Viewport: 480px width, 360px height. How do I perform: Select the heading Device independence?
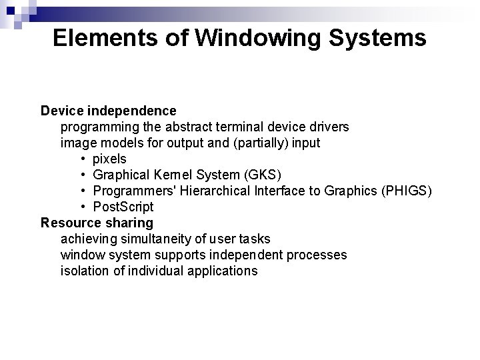pos(109,110)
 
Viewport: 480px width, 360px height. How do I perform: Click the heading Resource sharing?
pos(97,223)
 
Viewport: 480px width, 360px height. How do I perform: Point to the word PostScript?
pos(123,207)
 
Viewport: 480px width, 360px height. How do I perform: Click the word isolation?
pos(83,271)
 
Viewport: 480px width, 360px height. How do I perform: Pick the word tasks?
pos(255,239)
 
